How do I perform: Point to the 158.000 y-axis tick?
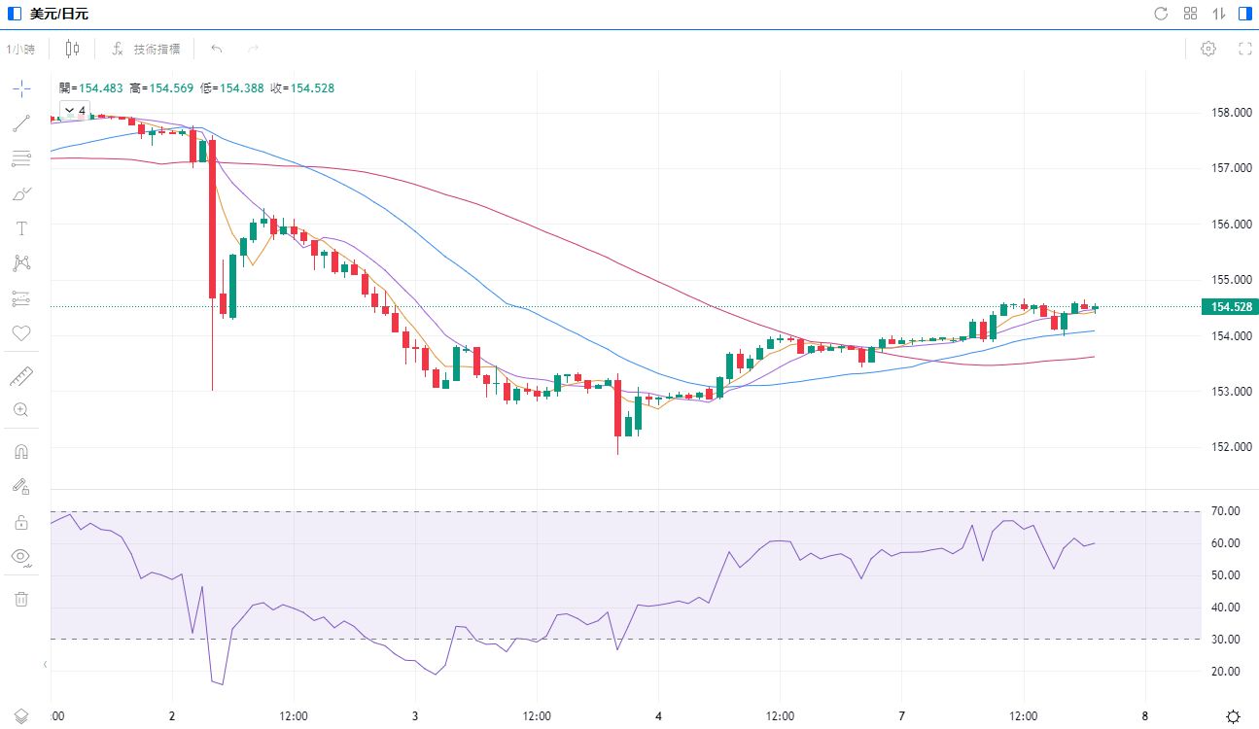pyautogui.click(x=1230, y=113)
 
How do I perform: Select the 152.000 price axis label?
pyautogui.click(x=1230, y=447)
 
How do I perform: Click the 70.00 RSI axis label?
pyautogui.click(x=1226, y=511)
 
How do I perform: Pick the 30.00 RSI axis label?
pyautogui.click(x=1226, y=640)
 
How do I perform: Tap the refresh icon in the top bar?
pyautogui.click(x=1161, y=14)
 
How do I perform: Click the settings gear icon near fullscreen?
pyautogui.click(x=1208, y=49)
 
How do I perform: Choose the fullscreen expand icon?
pyautogui.click(x=1244, y=49)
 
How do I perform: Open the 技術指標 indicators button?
pyautogui.click(x=146, y=49)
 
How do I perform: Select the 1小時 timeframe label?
pyautogui.click(x=20, y=49)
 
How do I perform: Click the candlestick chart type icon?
pyautogui.click(x=72, y=49)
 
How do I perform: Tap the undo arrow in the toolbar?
pyautogui.click(x=216, y=49)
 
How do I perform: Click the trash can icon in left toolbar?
pyautogui.click(x=21, y=599)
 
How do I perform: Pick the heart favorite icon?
pyautogui.click(x=21, y=333)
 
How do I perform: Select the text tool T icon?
pyautogui.click(x=21, y=228)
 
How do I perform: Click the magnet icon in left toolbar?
pyautogui.click(x=21, y=451)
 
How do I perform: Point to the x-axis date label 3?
pyautogui.click(x=415, y=716)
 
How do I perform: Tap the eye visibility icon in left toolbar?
pyautogui.click(x=21, y=557)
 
